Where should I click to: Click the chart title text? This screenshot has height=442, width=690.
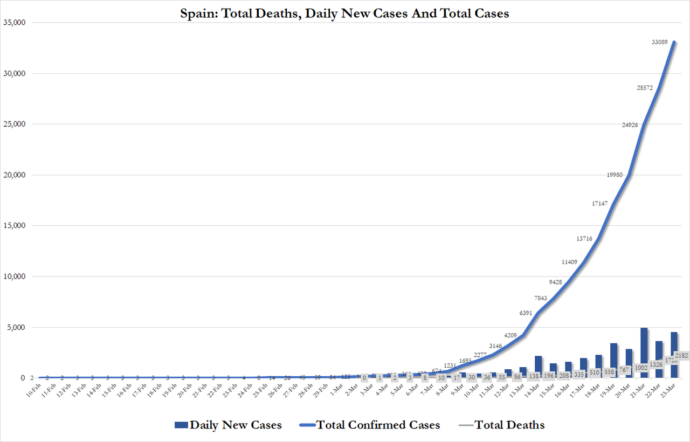tap(344, 13)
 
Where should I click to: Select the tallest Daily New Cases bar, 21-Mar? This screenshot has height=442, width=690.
tap(644, 353)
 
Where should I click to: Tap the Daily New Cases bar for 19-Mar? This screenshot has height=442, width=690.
tap(613, 360)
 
